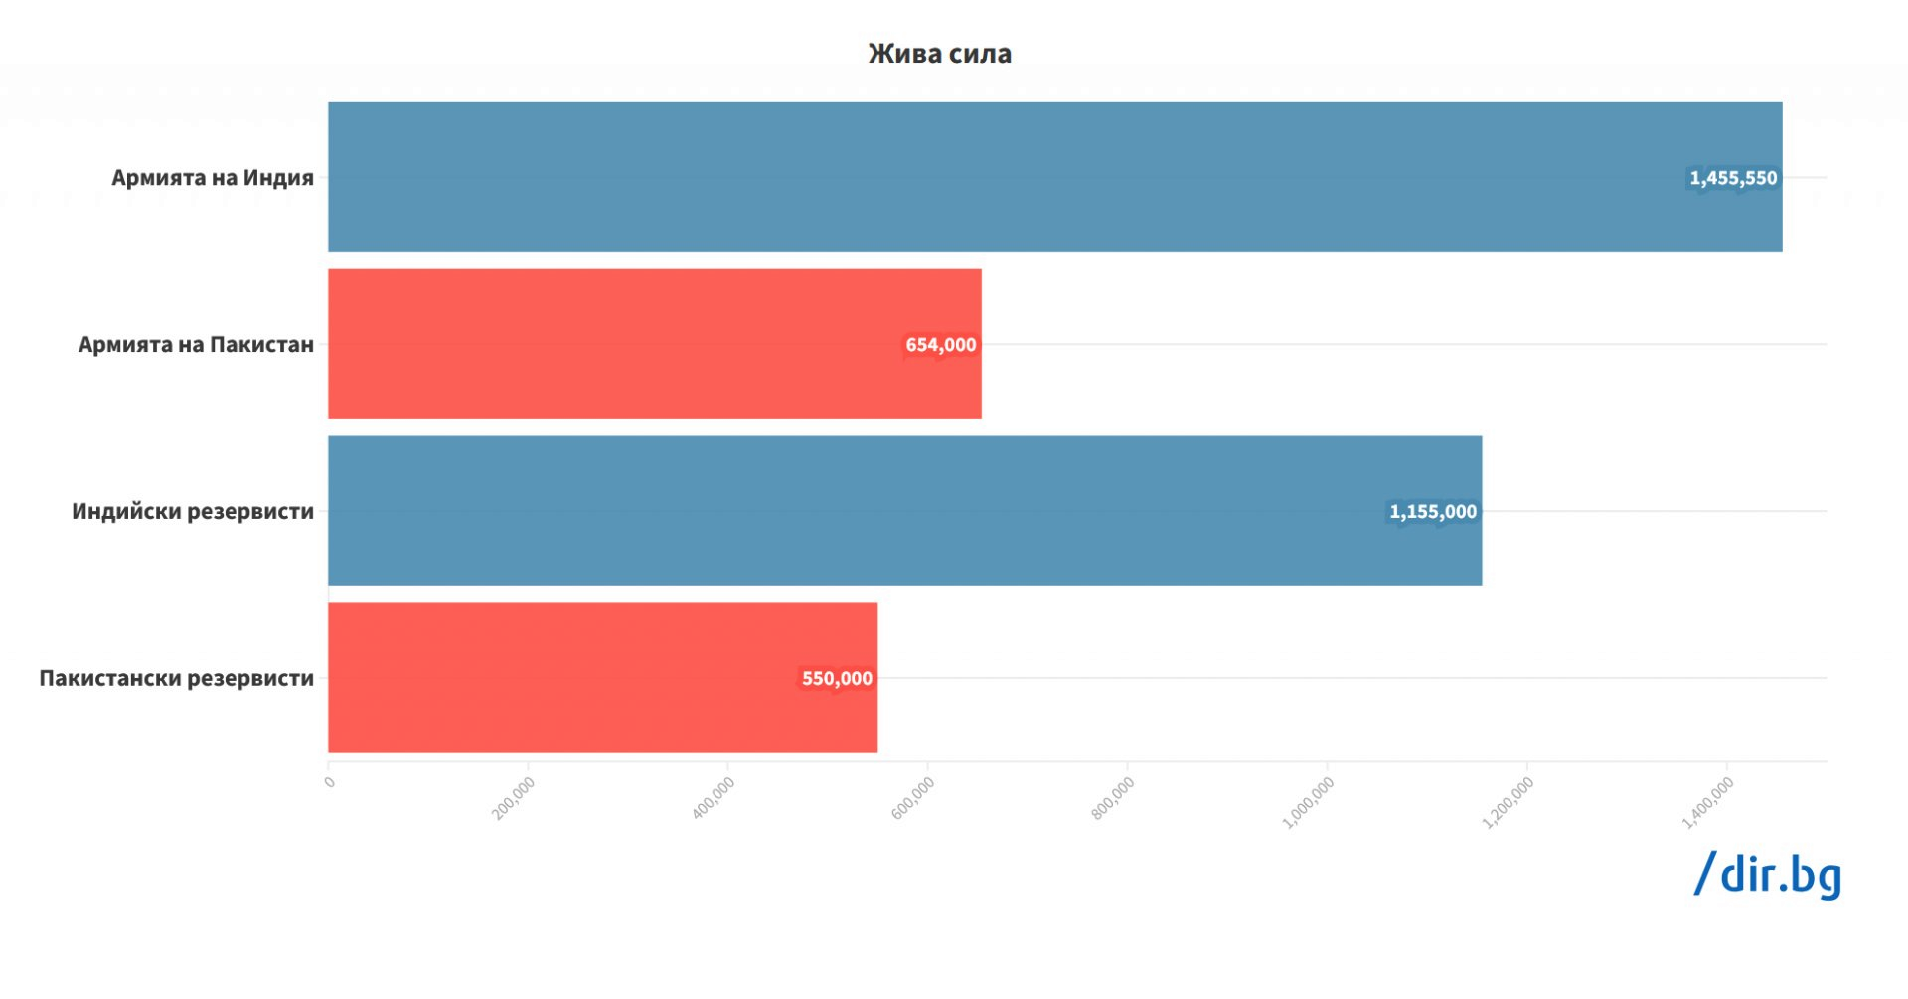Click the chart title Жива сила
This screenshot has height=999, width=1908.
pos(939,54)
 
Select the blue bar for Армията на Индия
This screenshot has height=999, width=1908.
pos(994,177)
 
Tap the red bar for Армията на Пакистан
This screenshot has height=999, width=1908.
pos(616,344)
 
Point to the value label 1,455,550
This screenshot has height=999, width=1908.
pos(1733,178)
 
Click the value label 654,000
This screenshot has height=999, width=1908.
pos(940,345)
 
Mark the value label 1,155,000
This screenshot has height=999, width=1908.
pos(1432,512)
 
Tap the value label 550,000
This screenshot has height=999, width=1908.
pos(837,679)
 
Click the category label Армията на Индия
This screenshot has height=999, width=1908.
pos(213,178)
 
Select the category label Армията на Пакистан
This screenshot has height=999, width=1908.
pos(196,345)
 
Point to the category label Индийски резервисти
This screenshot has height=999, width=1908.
pos(193,512)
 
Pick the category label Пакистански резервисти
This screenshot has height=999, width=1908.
pos(177,679)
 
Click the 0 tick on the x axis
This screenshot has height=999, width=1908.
pos(330,782)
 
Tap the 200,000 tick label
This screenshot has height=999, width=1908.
pos(514,798)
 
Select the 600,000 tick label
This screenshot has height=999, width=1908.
pos(912,798)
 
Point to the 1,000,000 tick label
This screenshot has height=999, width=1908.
pos(1308,802)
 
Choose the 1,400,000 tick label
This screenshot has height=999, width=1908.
pos(1707,802)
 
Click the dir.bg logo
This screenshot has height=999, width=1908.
pos(1768,875)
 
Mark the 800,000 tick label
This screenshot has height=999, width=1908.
pos(1112,798)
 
